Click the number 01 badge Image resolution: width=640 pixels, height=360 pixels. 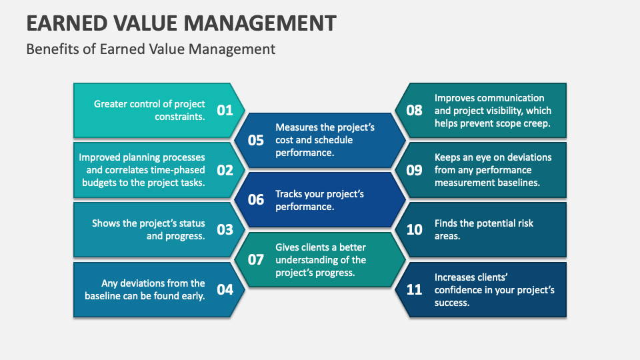point(225,110)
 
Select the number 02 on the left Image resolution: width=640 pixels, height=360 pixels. point(225,170)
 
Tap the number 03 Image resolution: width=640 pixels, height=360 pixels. point(225,229)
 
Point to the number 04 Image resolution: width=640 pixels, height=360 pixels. point(225,289)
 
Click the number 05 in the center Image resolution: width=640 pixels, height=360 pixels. point(256,140)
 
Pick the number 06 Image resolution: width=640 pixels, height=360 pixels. point(256,200)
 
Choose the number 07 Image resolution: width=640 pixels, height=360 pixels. point(256,259)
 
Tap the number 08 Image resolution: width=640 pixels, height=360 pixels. point(414,110)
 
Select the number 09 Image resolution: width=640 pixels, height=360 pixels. point(414,170)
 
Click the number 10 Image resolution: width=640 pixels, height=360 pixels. point(414,229)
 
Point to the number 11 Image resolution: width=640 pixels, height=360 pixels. point(414,289)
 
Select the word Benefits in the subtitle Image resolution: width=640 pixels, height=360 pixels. point(49,49)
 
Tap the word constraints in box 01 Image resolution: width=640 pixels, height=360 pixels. point(178,116)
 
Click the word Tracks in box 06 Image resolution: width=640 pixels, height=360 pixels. point(291,194)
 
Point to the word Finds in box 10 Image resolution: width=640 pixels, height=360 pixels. point(447,223)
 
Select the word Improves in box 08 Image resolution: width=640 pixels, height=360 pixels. point(457,98)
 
